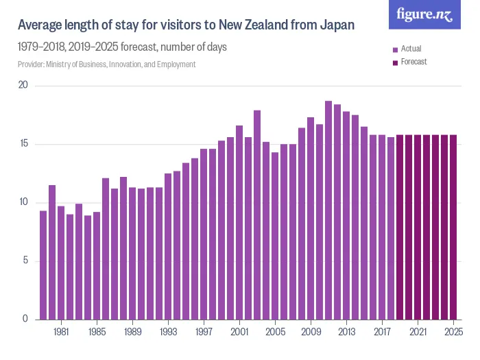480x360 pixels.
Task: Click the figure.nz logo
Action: pyautogui.click(x=424, y=14)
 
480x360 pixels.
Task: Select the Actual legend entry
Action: pyautogui.click(x=411, y=49)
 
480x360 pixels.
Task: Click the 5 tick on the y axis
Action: pyautogui.click(x=25, y=261)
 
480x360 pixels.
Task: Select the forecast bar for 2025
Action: pyautogui.click(x=453, y=227)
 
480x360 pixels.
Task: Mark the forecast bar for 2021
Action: pyautogui.click(x=418, y=227)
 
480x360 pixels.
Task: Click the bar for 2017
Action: pyautogui.click(x=382, y=227)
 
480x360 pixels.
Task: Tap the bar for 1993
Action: pyautogui.click(x=168, y=246)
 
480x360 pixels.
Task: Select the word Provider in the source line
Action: pyautogui.click(x=30, y=64)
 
